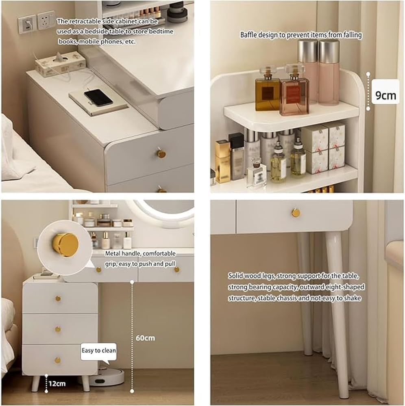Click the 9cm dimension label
385,95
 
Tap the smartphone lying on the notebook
98,97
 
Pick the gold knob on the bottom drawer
58,360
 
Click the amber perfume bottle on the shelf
267,91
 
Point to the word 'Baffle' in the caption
248,35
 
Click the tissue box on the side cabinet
60,64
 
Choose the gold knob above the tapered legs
296,212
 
